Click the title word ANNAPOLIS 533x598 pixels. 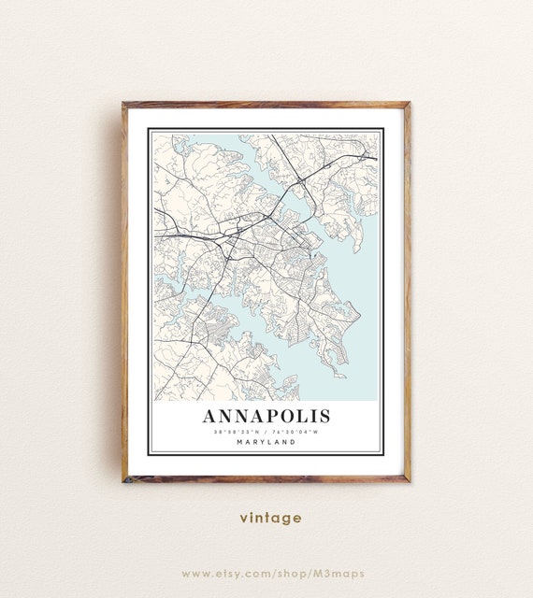266,415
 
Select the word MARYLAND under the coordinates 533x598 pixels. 266,442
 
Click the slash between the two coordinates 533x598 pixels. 266,431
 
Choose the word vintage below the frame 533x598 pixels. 270,518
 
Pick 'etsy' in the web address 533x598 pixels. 230,573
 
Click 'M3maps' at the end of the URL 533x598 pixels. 339,573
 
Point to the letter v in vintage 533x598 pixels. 243,519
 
